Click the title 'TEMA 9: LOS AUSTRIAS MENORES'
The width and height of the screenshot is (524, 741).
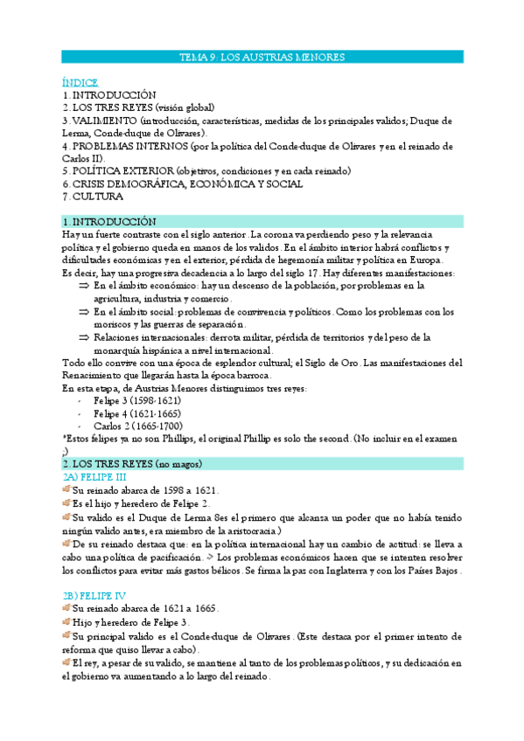click(262, 57)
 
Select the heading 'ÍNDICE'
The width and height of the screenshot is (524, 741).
click(80, 82)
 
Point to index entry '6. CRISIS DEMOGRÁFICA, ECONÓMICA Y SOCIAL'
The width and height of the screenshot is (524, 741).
click(183, 184)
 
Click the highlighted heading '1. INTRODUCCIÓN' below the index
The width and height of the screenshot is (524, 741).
click(109, 222)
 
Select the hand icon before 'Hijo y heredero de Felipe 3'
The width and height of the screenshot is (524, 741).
click(66, 621)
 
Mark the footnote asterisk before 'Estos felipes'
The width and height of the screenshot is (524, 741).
click(64, 439)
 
